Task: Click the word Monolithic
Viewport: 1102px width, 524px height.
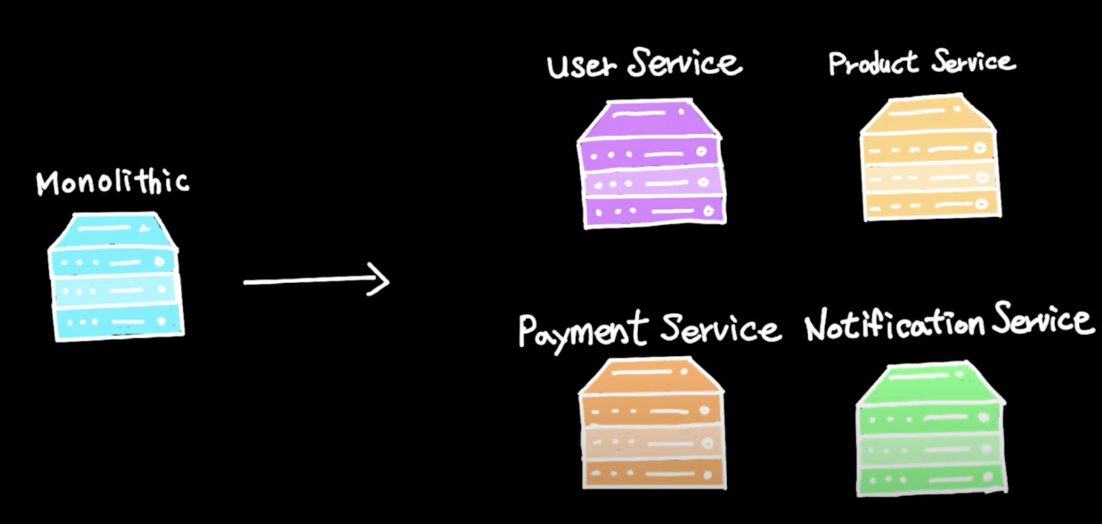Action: pyautogui.click(x=113, y=182)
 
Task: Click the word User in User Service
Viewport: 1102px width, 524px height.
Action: pyautogui.click(x=582, y=65)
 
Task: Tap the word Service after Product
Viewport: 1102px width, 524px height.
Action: pyautogui.click(x=973, y=61)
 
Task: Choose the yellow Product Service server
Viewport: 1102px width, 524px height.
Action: pyautogui.click(x=930, y=159)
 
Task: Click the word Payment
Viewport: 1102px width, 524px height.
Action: pyautogui.click(x=582, y=329)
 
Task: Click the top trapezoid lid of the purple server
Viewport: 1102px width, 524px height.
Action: pyautogui.click(x=650, y=118)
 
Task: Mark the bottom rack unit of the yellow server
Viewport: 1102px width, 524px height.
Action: pyautogui.click(x=932, y=205)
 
